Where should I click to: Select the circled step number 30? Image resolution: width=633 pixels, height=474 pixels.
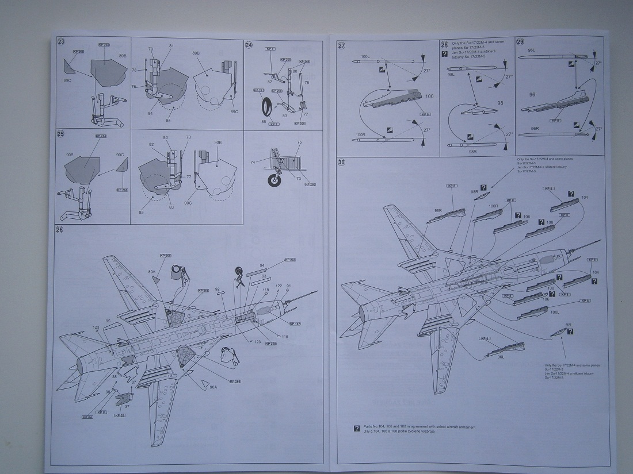coord(341,163)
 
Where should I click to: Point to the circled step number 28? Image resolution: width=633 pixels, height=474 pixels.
coord(444,44)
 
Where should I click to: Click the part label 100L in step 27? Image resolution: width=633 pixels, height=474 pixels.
coord(364,57)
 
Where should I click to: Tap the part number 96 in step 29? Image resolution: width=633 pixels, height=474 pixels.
coord(532,94)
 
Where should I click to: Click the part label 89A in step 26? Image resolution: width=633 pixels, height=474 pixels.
coord(152,271)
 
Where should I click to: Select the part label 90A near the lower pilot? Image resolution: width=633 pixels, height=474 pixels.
coord(213,387)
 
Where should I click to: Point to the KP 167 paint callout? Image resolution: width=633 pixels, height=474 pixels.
coord(295,323)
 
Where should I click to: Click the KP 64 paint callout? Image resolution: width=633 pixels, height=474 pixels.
coord(87,417)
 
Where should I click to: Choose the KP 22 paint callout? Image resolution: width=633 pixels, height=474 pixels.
coord(119,415)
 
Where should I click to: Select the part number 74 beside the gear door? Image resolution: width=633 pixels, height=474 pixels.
coord(252,163)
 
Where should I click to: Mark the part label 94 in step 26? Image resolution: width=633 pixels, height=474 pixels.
coord(262,266)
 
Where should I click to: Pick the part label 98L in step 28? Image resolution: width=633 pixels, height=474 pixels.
coord(451,75)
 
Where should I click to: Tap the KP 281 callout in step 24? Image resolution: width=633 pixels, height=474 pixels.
coord(258,90)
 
